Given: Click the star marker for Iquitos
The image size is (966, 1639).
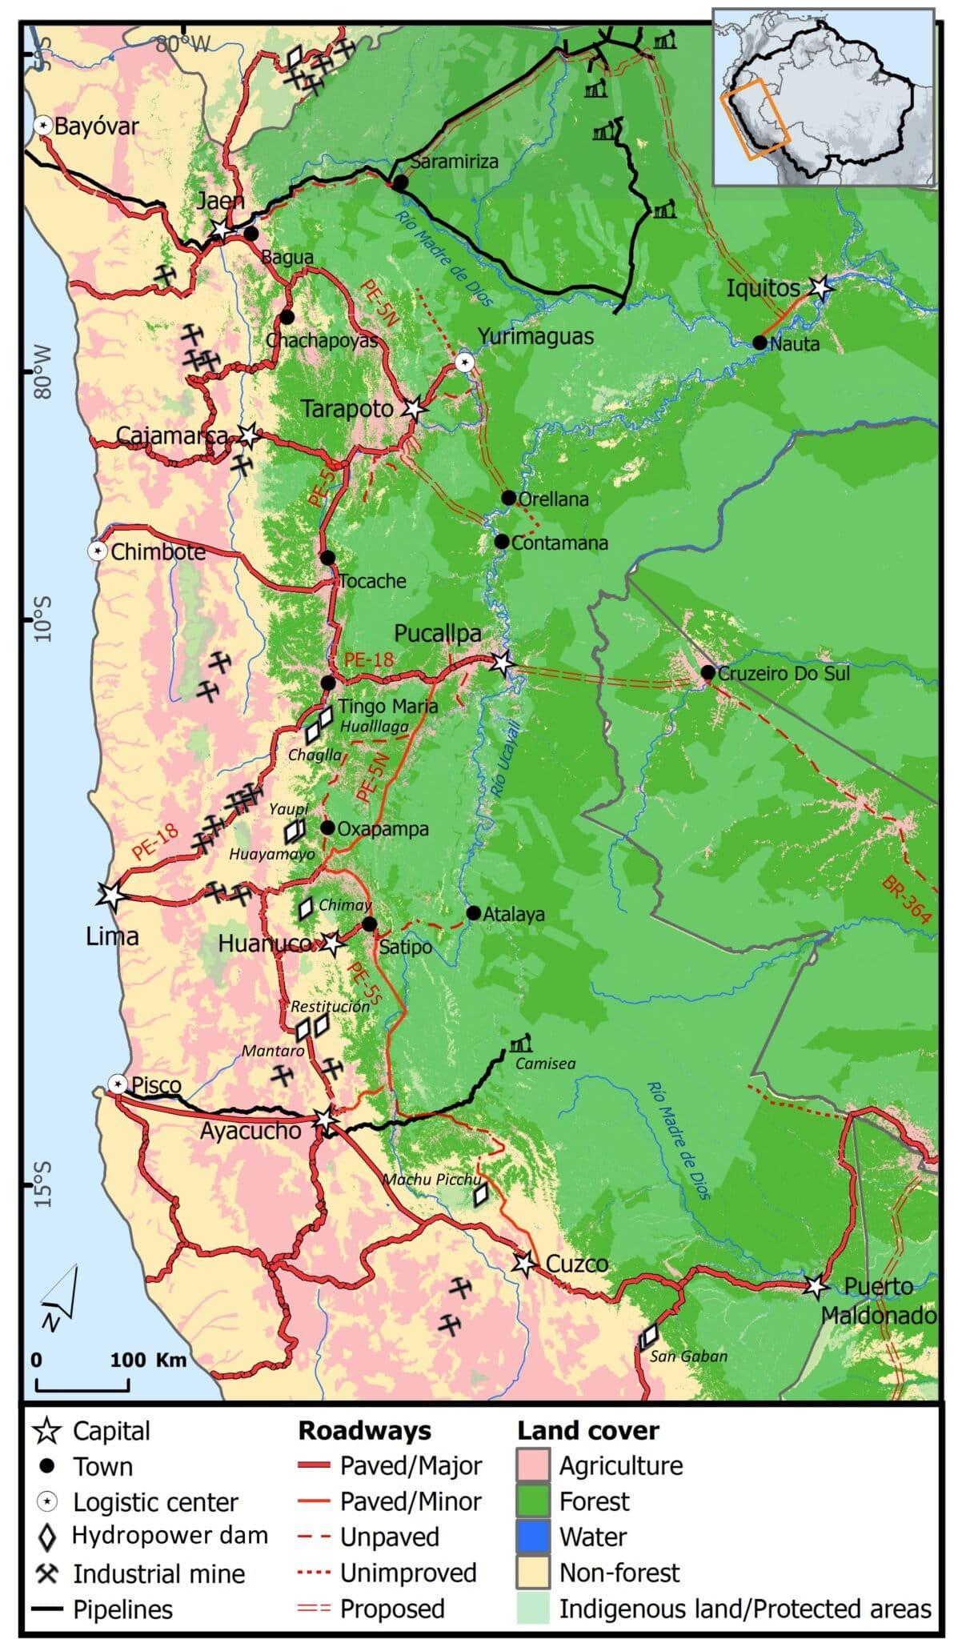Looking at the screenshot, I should point(820,287).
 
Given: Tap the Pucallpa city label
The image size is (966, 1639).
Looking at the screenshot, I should point(438,634).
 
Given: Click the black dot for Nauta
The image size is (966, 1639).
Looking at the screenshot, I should point(760,343).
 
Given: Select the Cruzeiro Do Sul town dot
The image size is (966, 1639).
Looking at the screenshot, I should point(707,672).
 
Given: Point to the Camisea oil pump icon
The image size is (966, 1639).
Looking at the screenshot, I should point(520,1043).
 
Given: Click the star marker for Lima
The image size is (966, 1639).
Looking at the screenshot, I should point(111,896).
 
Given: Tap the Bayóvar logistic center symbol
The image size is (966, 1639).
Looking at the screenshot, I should point(43,126).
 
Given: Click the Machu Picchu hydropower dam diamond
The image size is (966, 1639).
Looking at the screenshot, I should point(480,1196).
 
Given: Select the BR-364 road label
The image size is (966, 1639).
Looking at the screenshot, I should point(907,900).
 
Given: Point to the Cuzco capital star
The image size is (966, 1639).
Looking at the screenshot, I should point(523,1264).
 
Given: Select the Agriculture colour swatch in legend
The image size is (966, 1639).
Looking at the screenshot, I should point(533,1465).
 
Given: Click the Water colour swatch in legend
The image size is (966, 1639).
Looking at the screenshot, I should point(533,1537).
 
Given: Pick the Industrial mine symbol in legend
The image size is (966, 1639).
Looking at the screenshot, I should point(47,1573).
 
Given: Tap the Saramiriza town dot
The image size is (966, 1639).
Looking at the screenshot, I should point(400,182).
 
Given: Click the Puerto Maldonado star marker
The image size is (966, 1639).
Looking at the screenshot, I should point(815,1286).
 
